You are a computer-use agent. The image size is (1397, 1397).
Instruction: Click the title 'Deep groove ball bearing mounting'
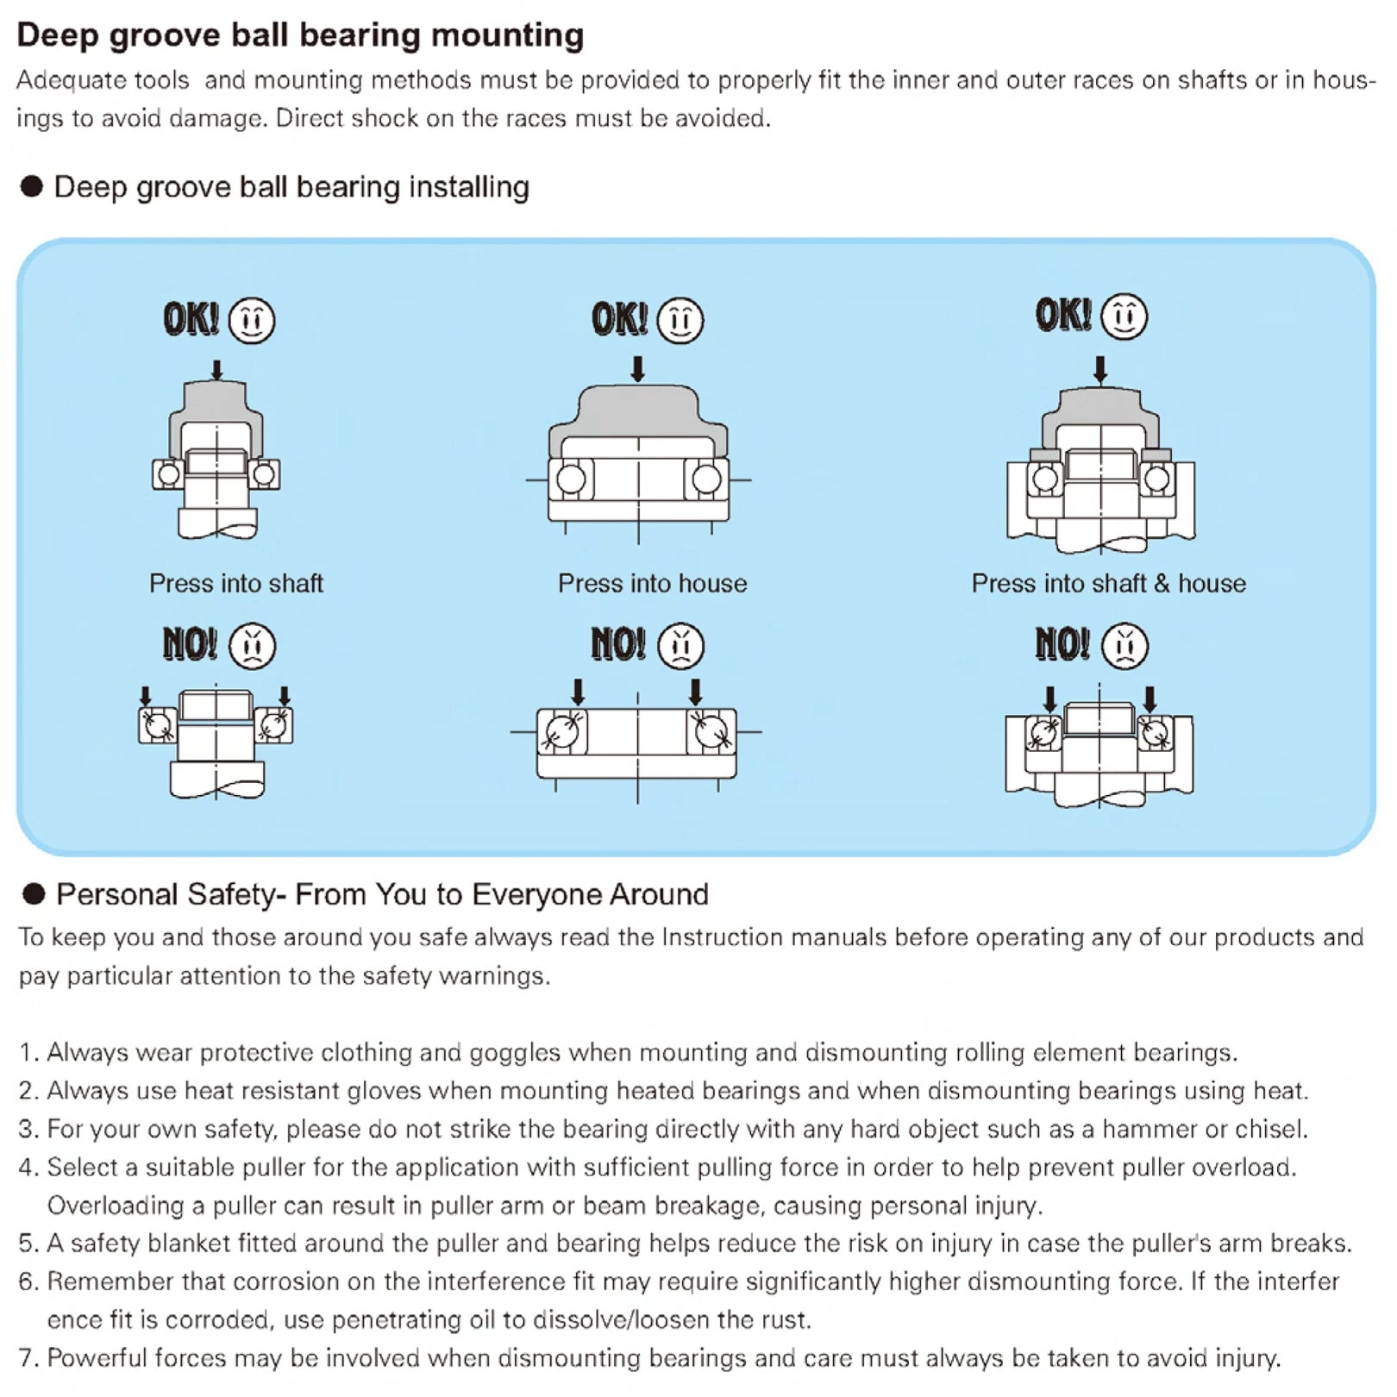coord(300,35)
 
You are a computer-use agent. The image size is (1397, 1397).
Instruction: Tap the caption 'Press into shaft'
coord(236,584)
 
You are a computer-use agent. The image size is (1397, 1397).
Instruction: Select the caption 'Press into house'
coord(652,584)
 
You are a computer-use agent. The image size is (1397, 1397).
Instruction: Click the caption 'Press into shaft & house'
coord(1108,584)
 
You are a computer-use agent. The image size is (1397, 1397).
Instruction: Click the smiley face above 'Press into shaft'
coord(252,321)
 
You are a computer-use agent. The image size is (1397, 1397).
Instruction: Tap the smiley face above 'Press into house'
coord(680,321)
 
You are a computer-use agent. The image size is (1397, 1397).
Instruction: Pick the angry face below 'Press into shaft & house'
coord(1124,646)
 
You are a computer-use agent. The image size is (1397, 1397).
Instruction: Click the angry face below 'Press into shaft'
coord(253,646)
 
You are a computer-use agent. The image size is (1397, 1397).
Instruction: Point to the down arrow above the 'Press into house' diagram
coord(638,369)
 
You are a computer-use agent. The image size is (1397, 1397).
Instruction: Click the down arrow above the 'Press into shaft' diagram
coord(217,370)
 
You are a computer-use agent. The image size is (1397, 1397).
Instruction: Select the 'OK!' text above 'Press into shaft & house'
coord(1063,316)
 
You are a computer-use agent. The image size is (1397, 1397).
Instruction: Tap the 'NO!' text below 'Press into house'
coord(618,644)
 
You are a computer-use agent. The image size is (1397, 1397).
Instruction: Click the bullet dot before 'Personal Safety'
coord(34,894)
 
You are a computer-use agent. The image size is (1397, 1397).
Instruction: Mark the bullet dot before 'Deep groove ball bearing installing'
coord(32,186)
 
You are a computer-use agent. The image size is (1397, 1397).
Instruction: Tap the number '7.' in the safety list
coord(28,1358)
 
